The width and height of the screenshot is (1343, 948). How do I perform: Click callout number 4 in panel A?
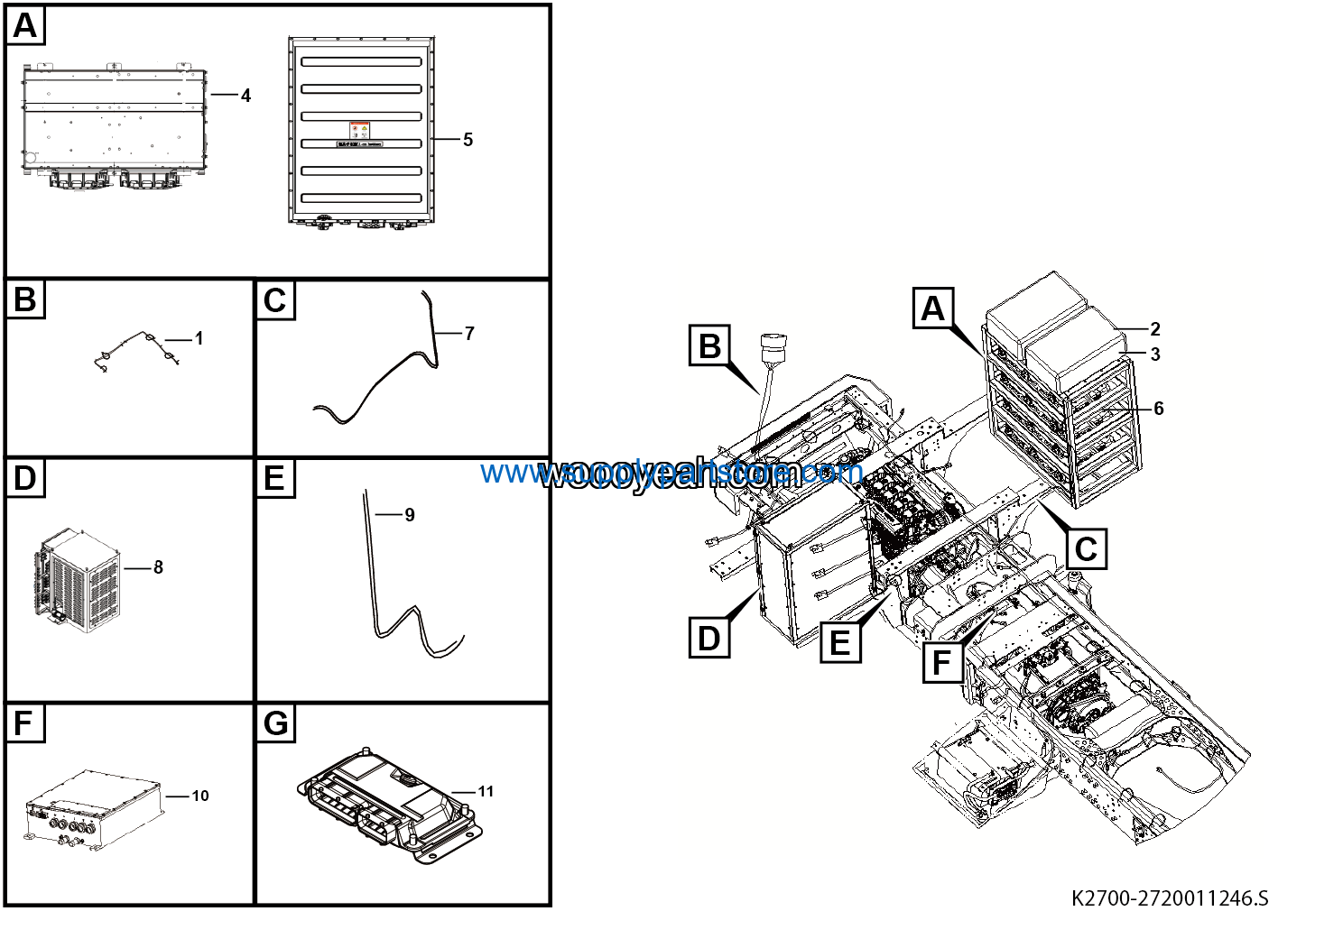coord(245,96)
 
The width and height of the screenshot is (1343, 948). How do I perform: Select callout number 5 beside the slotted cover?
coord(468,140)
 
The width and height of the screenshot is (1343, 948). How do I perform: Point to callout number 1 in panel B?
coord(199,339)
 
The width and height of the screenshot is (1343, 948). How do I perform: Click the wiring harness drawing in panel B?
coord(135,351)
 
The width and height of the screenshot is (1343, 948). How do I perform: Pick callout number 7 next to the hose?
coord(469,334)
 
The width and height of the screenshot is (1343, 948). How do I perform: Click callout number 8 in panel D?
coord(158,567)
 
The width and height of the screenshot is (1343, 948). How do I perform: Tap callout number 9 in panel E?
coord(409,515)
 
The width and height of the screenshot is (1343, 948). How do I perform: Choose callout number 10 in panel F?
coord(199,796)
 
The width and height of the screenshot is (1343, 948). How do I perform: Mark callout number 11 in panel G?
coord(486,791)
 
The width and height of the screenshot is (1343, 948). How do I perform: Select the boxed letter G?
coord(275,723)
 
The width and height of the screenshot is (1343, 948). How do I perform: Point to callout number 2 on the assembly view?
coord(1155,329)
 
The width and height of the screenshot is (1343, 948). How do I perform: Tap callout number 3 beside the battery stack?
coord(1155,354)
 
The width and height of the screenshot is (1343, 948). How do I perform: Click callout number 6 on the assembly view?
coord(1159,409)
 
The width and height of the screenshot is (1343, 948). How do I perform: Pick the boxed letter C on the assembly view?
coord(1086,548)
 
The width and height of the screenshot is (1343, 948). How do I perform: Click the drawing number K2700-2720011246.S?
coord(1169,898)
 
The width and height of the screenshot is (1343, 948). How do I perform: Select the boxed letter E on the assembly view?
coord(839,642)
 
